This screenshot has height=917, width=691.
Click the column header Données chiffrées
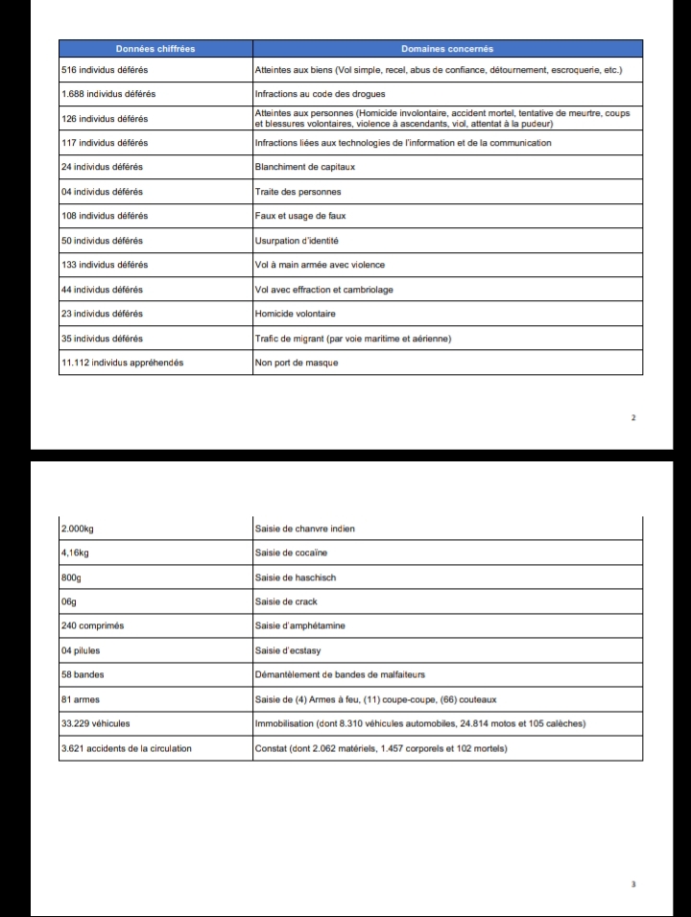tap(155, 49)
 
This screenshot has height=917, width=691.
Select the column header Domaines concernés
tap(447, 49)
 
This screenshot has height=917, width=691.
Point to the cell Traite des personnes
tap(298, 192)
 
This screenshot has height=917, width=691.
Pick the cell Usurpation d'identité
tap(297, 241)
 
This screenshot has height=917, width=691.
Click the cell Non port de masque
tap(297, 363)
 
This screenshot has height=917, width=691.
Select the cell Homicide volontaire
tap(296, 314)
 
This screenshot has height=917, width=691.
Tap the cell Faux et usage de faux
tap(298, 216)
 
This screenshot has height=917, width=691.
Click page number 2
tap(633, 418)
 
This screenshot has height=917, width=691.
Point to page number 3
tap(633, 884)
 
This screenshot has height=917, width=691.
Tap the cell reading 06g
tap(68, 601)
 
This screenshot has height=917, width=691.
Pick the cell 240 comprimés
tap(92, 625)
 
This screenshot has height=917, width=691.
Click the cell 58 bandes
tap(83, 674)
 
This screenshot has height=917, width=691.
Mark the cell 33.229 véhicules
tap(96, 723)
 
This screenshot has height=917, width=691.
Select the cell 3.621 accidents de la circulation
tap(125, 748)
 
